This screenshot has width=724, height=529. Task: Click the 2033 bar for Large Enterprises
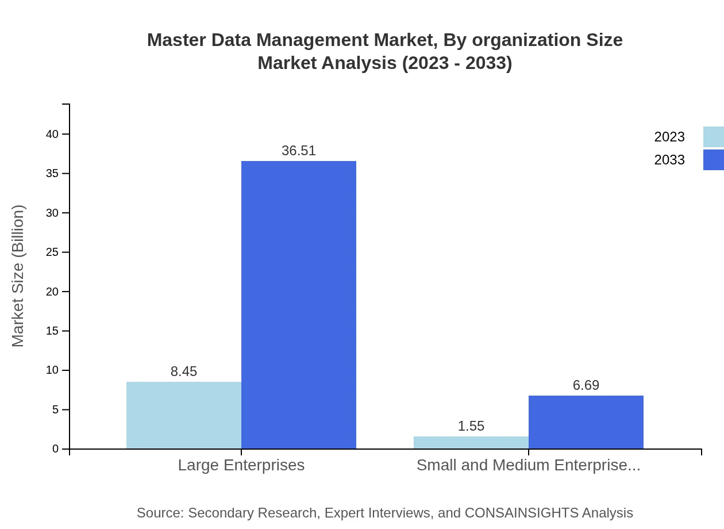(x=299, y=305)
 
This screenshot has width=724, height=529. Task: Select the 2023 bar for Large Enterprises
(x=184, y=415)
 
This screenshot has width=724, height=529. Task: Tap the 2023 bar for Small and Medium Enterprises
(x=471, y=442)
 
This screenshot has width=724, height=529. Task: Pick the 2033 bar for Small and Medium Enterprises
(x=586, y=422)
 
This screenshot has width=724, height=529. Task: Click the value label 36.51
(x=299, y=151)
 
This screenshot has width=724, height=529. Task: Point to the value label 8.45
(x=184, y=371)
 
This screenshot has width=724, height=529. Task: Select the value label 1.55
(x=471, y=426)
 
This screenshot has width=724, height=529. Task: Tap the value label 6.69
(x=586, y=385)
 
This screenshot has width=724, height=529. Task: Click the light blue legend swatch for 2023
(x=713, y=137)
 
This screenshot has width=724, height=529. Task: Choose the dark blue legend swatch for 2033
(x=713, y=160)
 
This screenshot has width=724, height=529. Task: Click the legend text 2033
(x=669, y=160)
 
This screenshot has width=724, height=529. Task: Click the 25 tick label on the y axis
(x=53, y=252)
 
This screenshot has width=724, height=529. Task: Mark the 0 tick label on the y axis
(x=56, y=448)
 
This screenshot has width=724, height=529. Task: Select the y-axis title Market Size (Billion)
(x=18, y=276)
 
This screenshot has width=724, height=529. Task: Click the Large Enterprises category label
(x=241, y=465)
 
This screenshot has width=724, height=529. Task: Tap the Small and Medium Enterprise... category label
(x=528, y=465)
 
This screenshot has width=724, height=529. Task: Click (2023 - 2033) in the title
(x=457, y=63)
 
